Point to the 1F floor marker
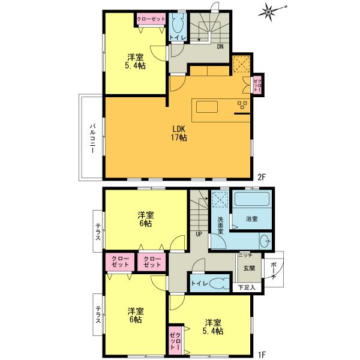262,354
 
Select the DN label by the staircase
220,47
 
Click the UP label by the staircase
198,234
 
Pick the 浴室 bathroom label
251,220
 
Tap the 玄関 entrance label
249,268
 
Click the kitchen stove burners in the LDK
242,106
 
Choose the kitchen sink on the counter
207,106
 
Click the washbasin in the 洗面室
265,242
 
